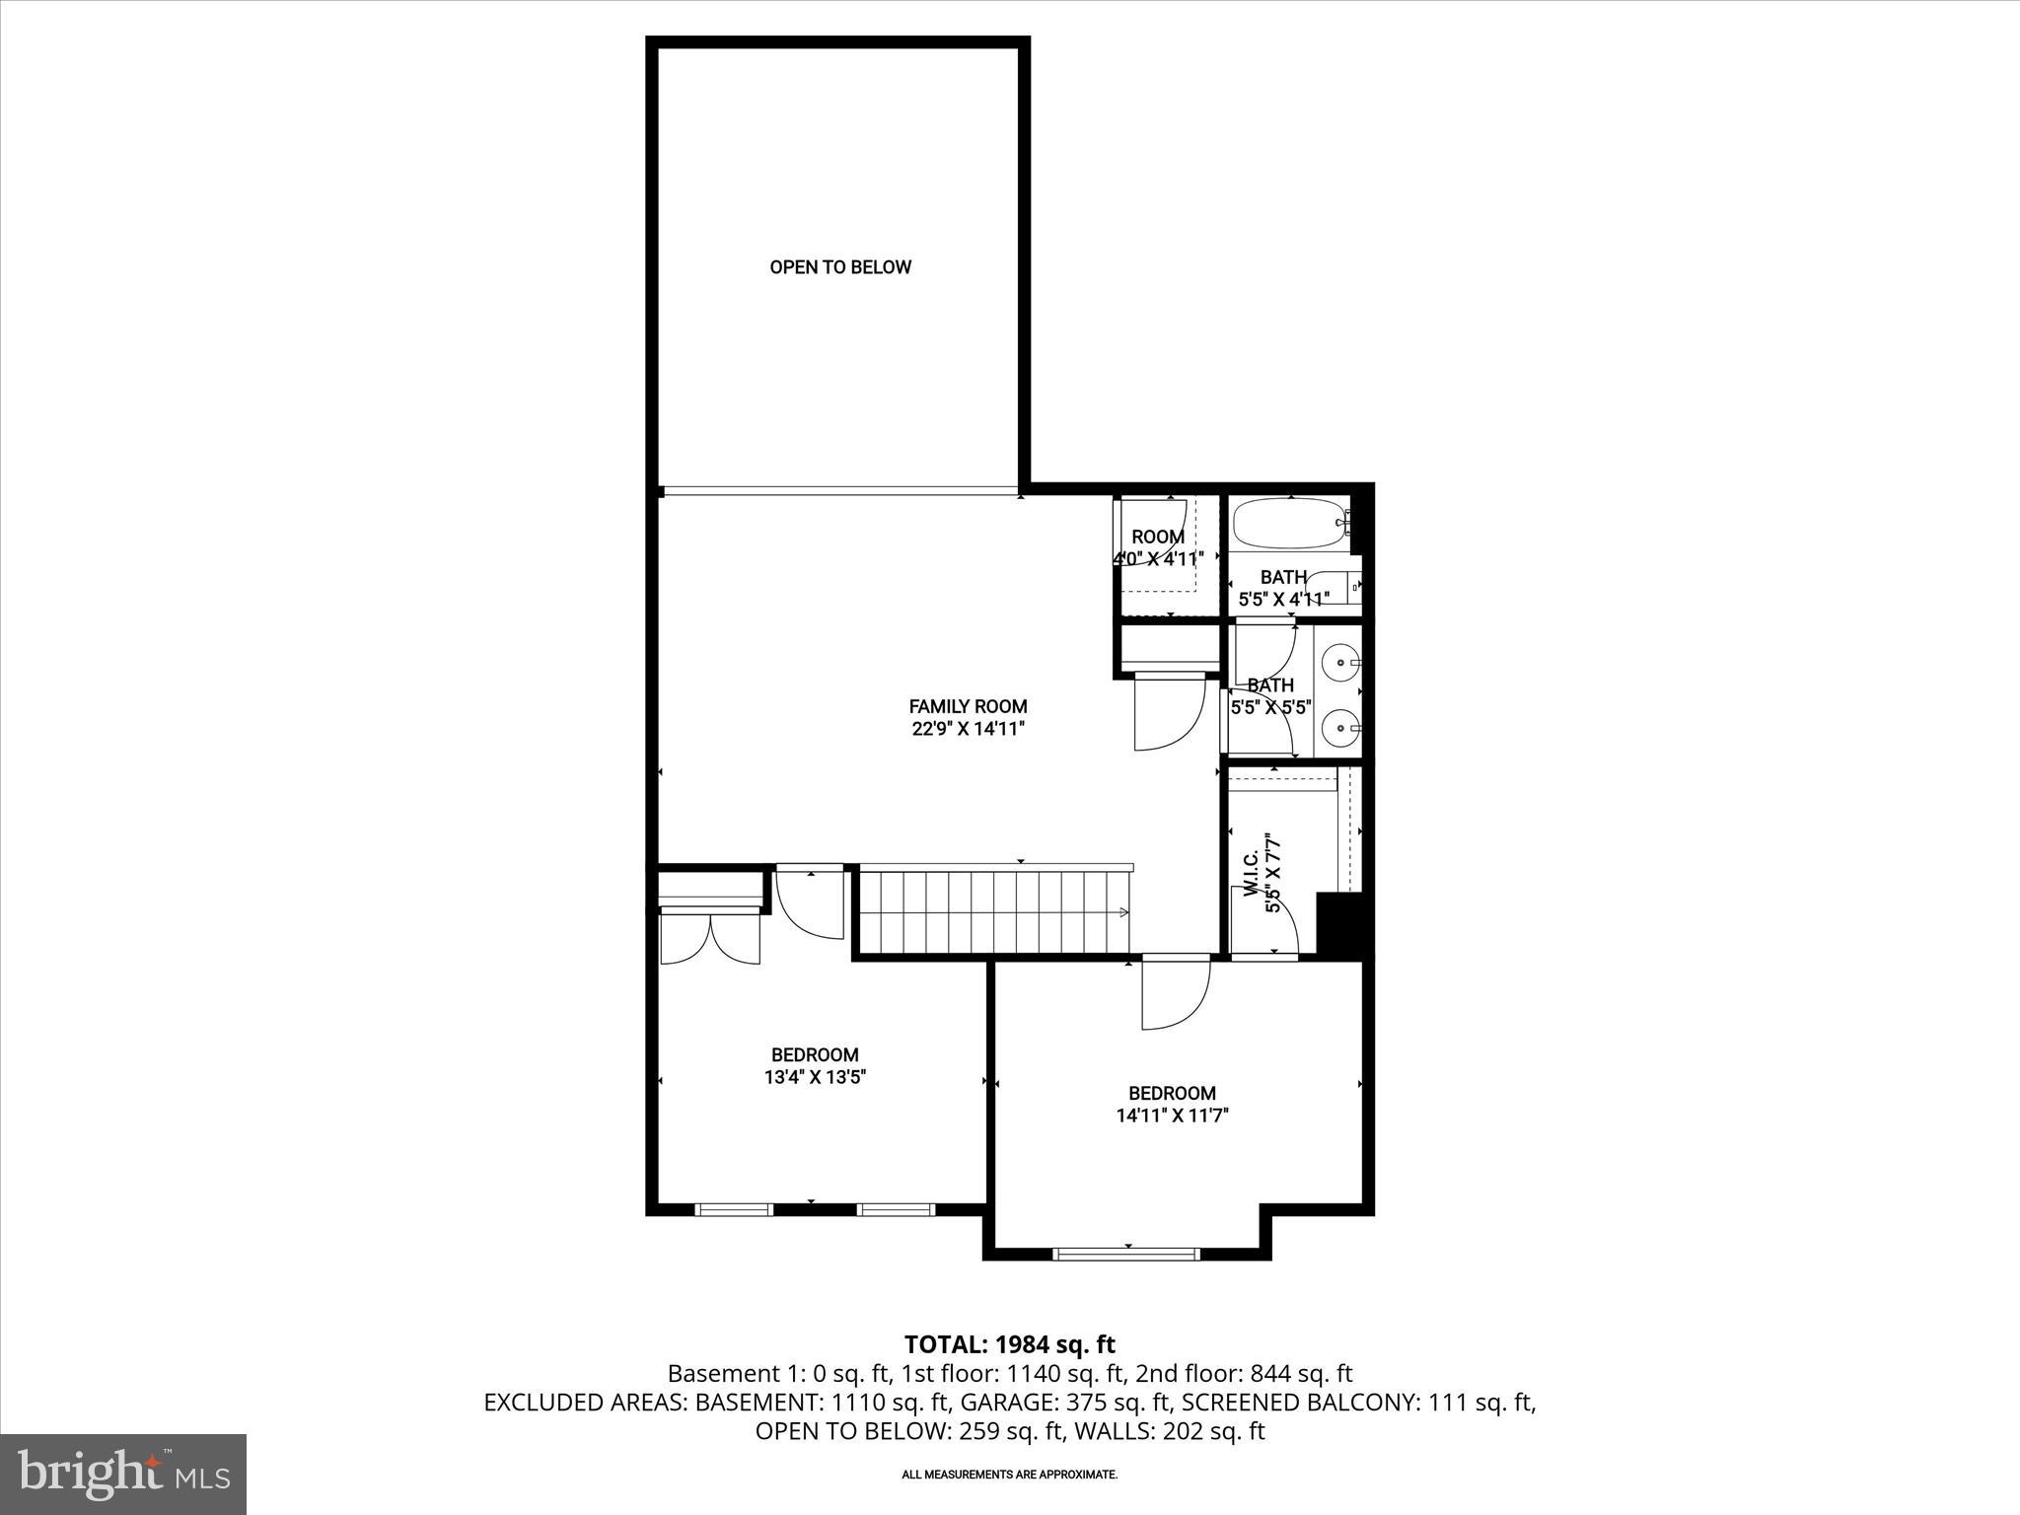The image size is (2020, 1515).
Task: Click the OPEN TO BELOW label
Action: coord(840,267)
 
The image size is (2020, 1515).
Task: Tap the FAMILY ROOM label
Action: coord(968,706)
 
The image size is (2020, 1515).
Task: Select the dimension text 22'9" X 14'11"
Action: coord(968,730)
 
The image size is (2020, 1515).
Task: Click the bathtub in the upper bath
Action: coord(1286,525)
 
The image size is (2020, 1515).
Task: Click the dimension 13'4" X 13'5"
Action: coord(815,1078)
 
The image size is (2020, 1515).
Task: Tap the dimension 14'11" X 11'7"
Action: coord(1172,1117)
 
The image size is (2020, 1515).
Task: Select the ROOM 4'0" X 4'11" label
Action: coord(1158,547)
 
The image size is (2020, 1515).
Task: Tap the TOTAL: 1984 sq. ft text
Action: coord(1009,1344)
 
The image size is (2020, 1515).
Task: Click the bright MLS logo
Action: coord(123,1475)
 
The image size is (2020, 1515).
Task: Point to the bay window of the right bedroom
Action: coord(1126,1254)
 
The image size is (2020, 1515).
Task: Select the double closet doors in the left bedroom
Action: coord(709,938)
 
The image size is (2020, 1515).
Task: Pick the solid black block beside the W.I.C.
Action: coord(1340,923)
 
